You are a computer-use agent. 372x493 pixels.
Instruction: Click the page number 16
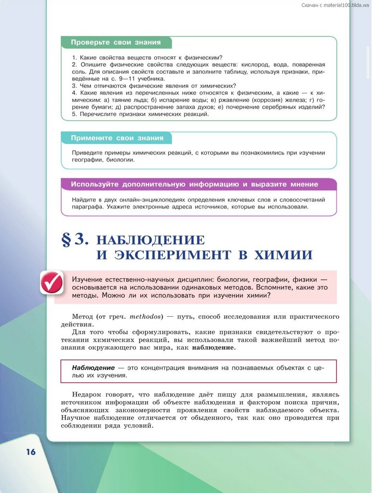pos(31,452)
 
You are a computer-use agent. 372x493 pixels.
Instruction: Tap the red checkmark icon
pos(51,283)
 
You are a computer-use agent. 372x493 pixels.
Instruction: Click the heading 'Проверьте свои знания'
pos(115,42)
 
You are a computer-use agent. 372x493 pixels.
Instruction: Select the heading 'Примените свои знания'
pos(117,138)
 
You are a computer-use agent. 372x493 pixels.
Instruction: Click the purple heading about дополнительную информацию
pos(194,184)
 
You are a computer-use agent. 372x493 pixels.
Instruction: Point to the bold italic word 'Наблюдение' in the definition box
pos(93,368)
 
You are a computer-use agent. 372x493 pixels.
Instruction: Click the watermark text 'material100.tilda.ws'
pos(342,5)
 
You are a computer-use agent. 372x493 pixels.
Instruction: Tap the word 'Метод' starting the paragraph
pos(82,317)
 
